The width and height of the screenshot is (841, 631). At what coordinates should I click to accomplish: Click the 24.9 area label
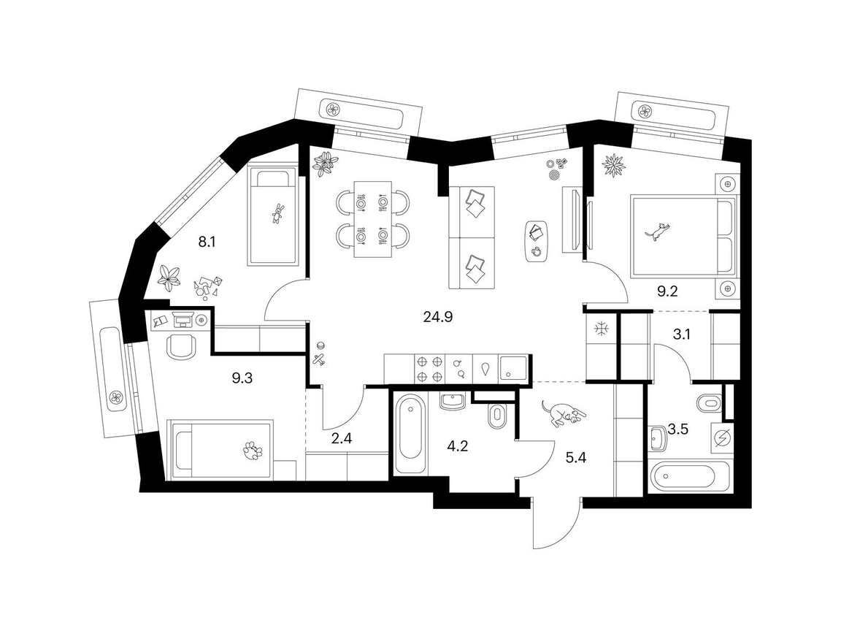coord(438,317)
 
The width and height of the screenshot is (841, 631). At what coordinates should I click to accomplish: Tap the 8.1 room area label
coord(207,242)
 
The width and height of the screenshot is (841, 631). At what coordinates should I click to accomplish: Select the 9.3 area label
coord(242,378)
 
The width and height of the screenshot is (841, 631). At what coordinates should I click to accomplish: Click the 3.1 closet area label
coord(681,334)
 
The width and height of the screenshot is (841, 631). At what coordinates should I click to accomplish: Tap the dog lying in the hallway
coord(563,413)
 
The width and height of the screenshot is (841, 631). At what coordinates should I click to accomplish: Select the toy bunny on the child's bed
coord(277,213)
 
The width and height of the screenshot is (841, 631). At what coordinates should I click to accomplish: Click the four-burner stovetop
coord(429,369)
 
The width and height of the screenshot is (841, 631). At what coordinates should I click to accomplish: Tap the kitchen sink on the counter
coord(512,369)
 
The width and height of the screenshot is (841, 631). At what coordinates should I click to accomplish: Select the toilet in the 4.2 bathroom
coord(497,416)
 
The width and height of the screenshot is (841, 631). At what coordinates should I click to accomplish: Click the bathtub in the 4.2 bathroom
coord(411,434)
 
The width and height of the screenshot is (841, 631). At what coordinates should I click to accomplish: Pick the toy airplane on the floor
coord(319,360)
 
